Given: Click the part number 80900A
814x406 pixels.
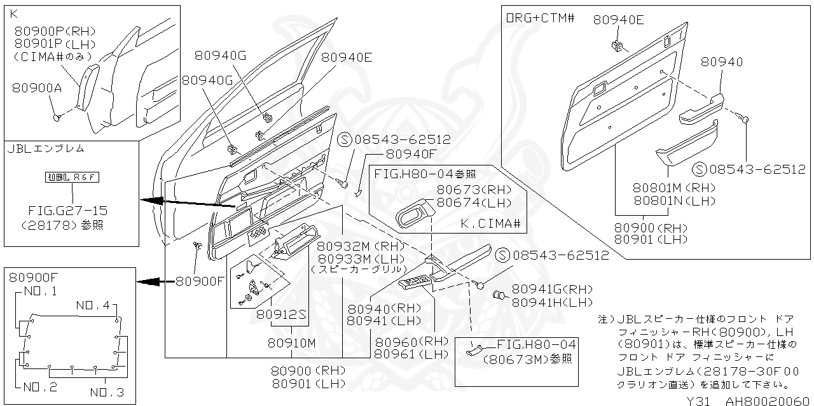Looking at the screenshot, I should point(37,88).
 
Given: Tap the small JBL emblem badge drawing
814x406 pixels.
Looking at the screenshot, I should point(71,177).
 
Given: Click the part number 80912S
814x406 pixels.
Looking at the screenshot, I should point(282,314).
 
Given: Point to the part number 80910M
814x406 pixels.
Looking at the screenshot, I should point(291,342).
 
